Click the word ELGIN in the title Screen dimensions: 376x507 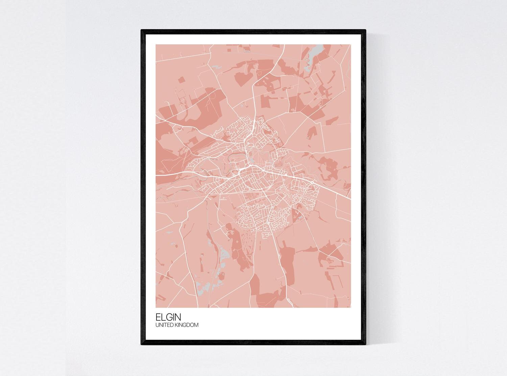[x=168, y=317]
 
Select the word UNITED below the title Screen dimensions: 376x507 [x=164, y=325]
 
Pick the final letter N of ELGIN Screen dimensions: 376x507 [x=178, y=317]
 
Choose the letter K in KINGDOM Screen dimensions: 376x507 [x=175, y=325]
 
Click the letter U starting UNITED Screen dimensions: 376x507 [x=157, y=325]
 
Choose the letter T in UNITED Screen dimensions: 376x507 [x=165, y=325]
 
